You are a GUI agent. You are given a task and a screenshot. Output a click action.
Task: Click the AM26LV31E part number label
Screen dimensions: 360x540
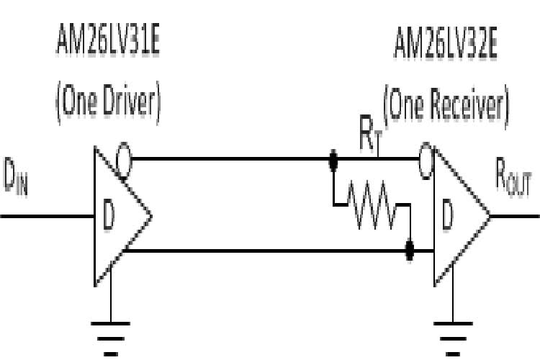(108, 45)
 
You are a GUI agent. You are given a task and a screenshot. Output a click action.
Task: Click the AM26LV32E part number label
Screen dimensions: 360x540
(446, 45)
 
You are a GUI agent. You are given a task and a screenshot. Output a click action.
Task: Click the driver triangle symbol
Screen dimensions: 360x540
(119, 216)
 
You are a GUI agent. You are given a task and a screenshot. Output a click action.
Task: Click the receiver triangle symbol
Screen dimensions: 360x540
(457, 216)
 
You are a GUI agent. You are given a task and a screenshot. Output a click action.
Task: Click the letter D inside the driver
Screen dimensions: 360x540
(108, 218)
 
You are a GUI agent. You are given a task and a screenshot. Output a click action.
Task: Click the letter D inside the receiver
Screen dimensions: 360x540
(446, 218)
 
